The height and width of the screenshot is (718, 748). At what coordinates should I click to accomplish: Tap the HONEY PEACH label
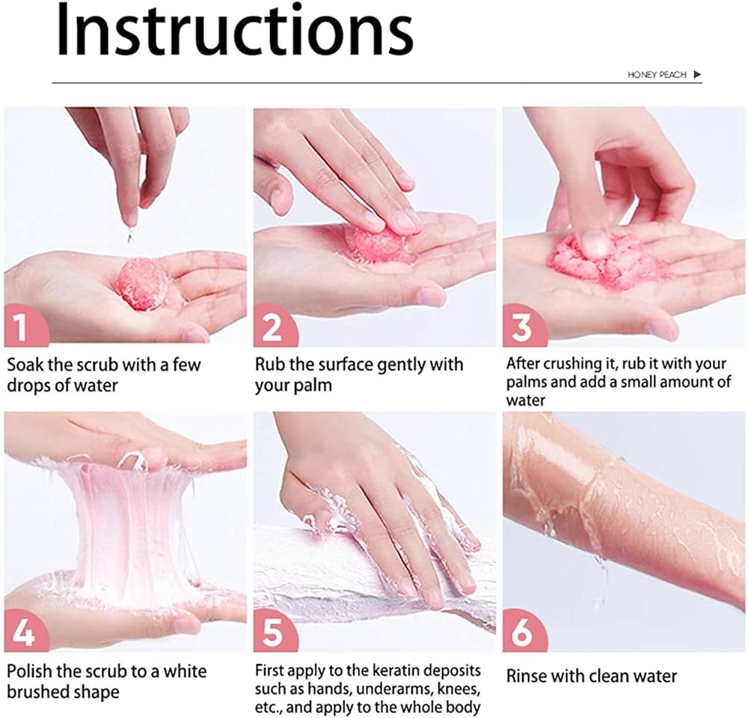pyautogui.click(x=657, y=75)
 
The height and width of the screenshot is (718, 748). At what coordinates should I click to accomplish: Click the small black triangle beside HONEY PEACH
pyautogui.click(x=697, y=75)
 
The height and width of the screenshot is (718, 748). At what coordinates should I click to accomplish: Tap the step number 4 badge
pyautogui.click(x=22, y=633)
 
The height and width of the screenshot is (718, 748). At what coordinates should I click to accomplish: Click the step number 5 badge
pyautogui.click(x=272, y=633)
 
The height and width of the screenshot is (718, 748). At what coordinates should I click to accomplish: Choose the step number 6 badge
pyautogui.click(x=521, y=633)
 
